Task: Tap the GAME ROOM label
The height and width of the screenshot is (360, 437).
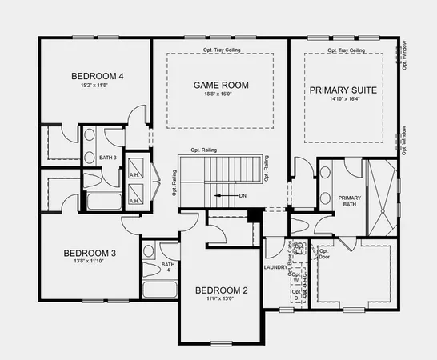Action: (221, 85)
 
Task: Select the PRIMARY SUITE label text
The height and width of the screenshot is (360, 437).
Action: (343, 90)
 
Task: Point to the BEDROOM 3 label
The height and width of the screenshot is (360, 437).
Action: (90, 253)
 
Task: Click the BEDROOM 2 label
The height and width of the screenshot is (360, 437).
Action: (221, 290)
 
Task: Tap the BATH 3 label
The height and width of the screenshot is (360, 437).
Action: (108, 158)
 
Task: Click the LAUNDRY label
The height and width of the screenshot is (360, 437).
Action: (275, 267)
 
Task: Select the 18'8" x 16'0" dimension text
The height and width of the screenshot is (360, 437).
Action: (221, 94)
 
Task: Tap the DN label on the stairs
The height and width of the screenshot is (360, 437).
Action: (243, 195)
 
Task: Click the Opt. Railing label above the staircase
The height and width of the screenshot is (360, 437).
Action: (206, 150)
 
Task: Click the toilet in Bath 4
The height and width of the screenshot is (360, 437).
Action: (149, 251)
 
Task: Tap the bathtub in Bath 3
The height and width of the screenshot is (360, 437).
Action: (103, 199)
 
